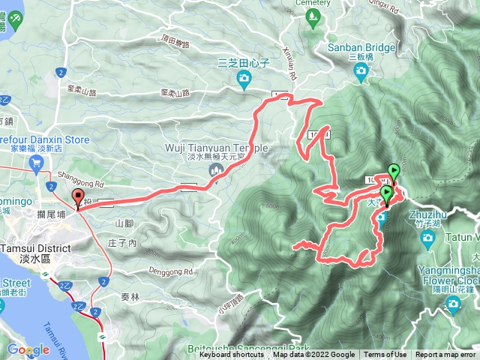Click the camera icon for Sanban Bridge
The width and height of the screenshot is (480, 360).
(361, 72)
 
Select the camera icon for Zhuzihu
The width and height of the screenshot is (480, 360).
(428, 238)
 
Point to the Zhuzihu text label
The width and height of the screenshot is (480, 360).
(427, 214)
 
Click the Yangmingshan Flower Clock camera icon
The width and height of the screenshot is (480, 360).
(452, 302)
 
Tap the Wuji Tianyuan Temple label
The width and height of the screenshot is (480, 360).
(217, 147)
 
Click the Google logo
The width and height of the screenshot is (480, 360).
(28, 349)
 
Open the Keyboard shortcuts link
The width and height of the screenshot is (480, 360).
(232, 355)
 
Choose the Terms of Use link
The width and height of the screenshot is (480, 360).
(385, 355)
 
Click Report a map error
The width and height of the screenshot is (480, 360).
(446, 355)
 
